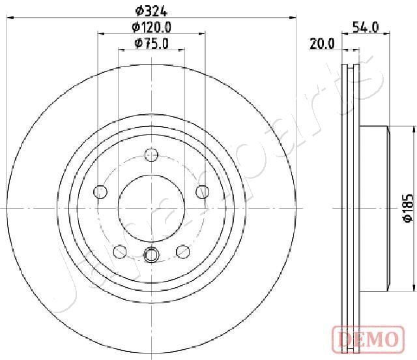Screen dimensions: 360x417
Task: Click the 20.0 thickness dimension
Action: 323,44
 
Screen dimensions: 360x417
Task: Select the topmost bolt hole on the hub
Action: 151,155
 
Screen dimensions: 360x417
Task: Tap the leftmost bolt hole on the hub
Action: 100,192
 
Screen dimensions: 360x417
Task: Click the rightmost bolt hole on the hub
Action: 202,192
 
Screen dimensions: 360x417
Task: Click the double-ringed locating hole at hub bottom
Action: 151,255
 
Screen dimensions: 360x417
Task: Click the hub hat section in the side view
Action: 374,209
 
